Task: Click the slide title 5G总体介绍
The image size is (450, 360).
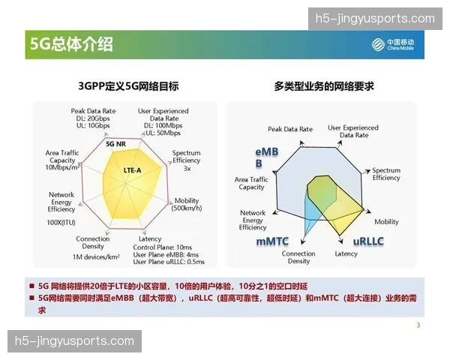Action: click(x=72, y=44)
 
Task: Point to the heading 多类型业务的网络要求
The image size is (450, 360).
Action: click(x=325, y=86)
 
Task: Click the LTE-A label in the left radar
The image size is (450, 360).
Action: click(x=131, y=170)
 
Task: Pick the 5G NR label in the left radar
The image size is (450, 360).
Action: click(x=115, y=143)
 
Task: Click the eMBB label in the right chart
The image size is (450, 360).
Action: click(x=267, y=157)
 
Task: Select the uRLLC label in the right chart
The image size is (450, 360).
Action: click(x=369, y=242)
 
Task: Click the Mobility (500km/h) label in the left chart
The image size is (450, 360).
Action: click(x=187, y=205)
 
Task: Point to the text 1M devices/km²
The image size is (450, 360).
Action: click(x=97, y=257)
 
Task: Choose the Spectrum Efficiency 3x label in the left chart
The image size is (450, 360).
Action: click(x=187, y=160)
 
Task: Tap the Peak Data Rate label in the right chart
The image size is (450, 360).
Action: click(x=289, y=129)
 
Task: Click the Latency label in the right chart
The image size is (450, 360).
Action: click(x=346, y=253)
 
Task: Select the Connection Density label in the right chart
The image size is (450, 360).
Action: click(x=298, y=257)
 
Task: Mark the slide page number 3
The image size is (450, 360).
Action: click(x=418, y=325)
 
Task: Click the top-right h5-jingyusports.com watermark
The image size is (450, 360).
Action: click(x=375, y=19)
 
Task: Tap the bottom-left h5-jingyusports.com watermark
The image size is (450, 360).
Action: click(x=74, y=342)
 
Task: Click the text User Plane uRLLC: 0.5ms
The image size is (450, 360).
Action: click(x=169, y=262)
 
